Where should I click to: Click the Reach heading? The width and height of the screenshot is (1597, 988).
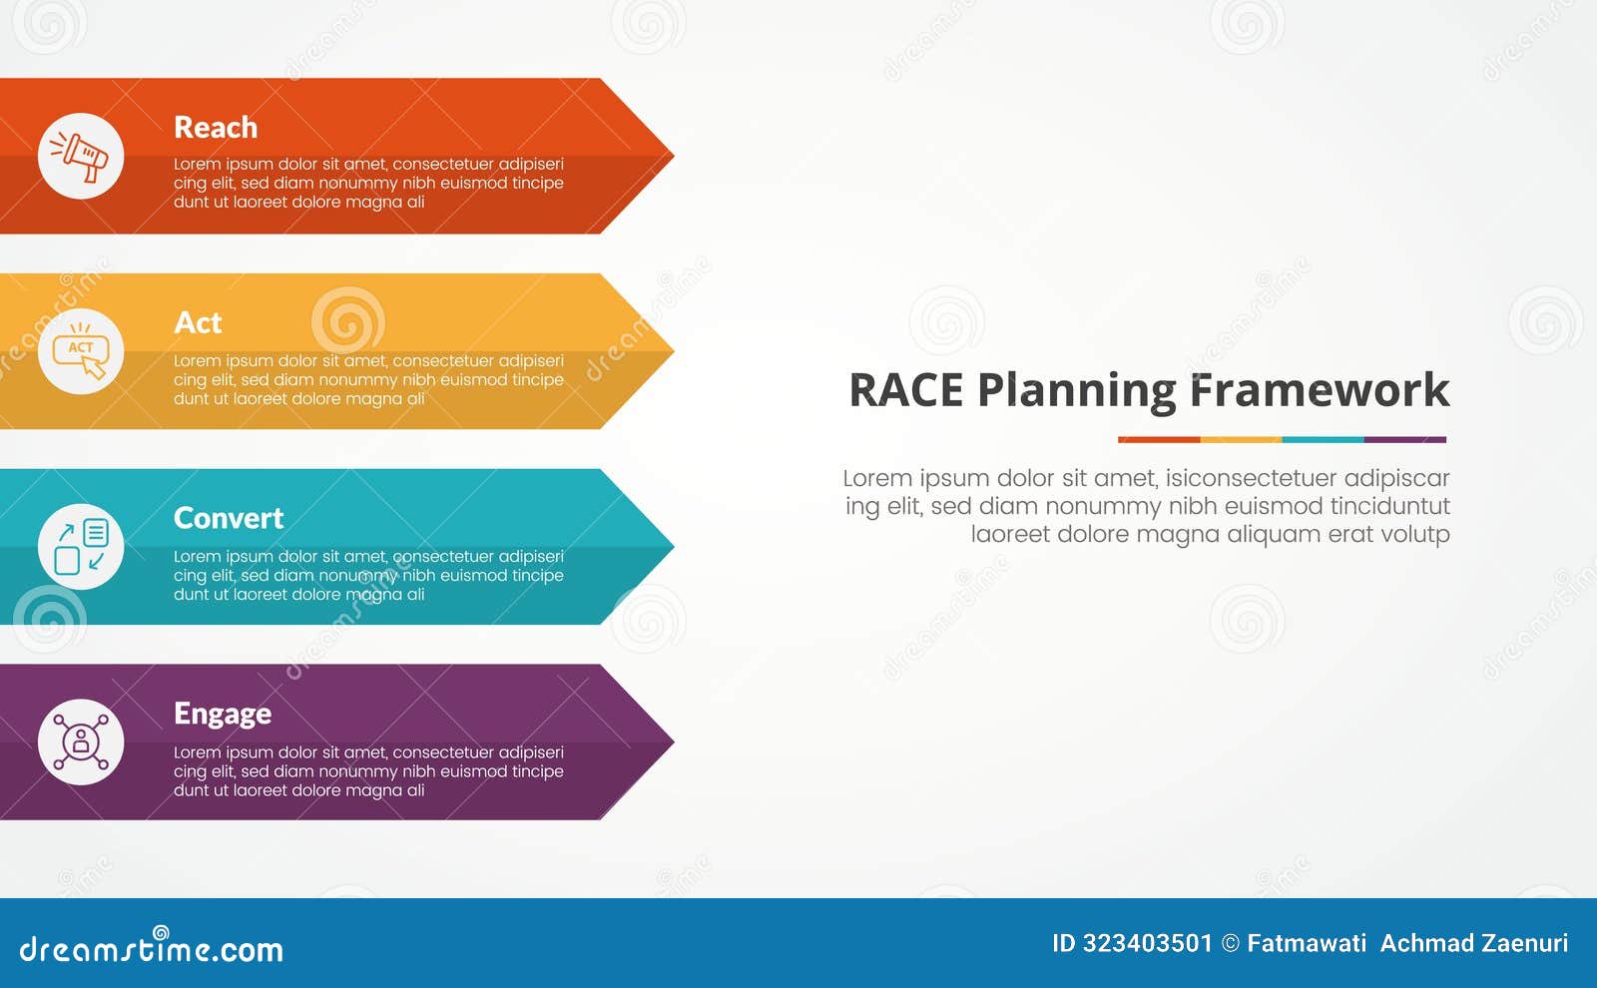tap(216, 128)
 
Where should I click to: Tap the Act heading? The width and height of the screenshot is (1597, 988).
tap(198, 323)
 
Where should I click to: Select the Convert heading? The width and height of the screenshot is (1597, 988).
tap(229, 518)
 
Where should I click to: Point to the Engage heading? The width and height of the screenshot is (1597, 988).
tap(223, 714)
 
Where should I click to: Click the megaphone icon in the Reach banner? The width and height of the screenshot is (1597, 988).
tap(81, 156)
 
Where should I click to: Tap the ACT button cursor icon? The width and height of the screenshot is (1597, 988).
tap(81, 351)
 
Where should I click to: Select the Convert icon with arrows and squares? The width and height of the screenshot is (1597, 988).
tap(81, 547)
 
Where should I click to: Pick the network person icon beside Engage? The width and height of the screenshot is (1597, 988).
tap(81, 742)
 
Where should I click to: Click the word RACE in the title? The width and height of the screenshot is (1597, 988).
tap(906, 390)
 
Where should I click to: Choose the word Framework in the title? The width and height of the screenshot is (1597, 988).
tap(1320, 390)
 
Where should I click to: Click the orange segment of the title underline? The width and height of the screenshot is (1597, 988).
tap(1159, 439)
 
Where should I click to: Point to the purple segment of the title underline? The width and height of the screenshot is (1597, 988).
tap(1405, 439)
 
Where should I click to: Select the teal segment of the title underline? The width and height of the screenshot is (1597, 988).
tap(1323, 439)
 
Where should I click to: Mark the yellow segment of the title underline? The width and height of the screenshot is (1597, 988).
tap(1241, 439)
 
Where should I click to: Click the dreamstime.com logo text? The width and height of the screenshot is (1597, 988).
tap(152, 948)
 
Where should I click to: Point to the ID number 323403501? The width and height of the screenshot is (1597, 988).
tap(1147, 943)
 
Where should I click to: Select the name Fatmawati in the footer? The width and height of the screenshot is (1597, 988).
tap(1307, 943)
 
